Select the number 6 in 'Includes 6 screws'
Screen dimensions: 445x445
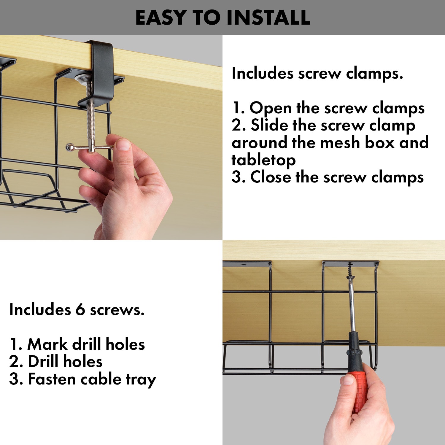pos(80,310)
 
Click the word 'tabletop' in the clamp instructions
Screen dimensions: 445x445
pos(263,160)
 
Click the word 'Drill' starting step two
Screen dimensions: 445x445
pos(44,362)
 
